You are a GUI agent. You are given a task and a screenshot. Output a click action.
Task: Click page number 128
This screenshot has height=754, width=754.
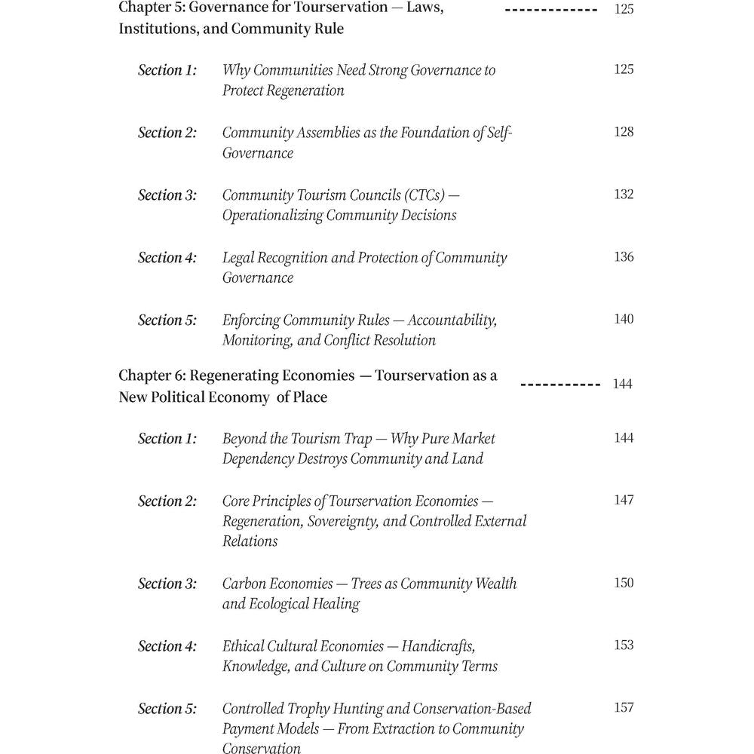[x=624, y=132]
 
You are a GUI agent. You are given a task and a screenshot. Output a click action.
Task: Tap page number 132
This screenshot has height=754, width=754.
[x=624, y=195]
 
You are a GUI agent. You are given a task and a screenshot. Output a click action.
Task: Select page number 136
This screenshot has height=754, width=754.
[x=624, y=257]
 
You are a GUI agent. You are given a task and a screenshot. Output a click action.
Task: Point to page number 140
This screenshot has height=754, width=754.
[x=624, y=320]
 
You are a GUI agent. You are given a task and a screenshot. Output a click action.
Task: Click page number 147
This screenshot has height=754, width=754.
[x=624, y=501]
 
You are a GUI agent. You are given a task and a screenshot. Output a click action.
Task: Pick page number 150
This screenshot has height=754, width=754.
[x=624, y=583]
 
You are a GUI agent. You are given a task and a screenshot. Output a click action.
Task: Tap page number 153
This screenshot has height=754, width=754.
[x=624, y=645]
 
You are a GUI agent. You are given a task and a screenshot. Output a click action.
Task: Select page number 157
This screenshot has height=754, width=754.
[x=624, y=708]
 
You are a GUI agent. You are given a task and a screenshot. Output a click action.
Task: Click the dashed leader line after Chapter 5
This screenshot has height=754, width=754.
[x=551, y=11]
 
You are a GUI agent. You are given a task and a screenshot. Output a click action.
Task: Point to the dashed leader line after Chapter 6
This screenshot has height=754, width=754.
[x=560, y=385]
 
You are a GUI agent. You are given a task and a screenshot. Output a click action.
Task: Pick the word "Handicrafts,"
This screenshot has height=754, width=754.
[x=438, y=646]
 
